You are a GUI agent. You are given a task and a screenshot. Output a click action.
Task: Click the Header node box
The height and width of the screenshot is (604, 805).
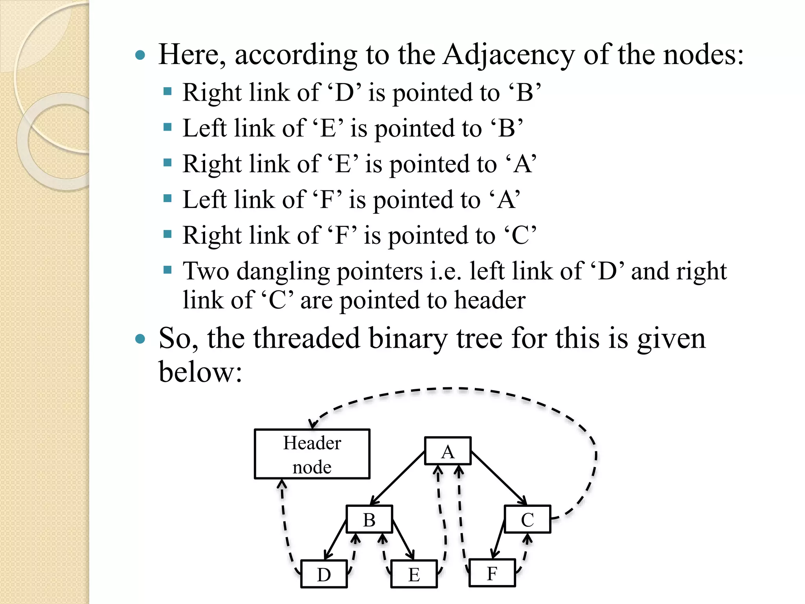tap(312, 454)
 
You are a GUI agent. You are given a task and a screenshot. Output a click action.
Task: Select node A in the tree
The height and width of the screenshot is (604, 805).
tap(448, 451)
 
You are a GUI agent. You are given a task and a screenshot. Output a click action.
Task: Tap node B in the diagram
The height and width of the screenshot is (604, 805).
tap(369, 519)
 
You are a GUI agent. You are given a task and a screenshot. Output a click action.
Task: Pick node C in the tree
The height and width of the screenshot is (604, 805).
tap(527, 519)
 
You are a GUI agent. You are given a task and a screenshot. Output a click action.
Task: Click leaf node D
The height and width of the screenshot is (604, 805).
tap(324, 574)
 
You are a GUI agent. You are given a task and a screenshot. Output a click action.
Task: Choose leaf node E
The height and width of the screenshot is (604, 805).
tap(414, 574)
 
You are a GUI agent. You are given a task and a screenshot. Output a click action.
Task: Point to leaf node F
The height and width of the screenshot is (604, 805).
tap(492, 573)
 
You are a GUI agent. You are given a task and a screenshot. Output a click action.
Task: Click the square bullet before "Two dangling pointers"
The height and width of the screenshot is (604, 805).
tap(168, 270)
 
